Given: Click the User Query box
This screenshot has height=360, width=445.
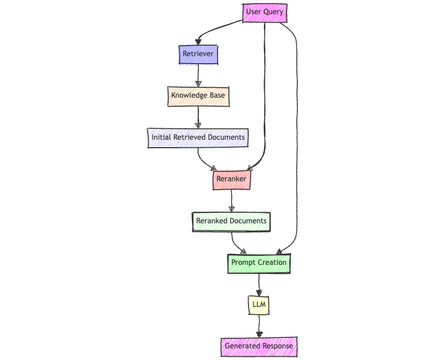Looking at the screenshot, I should click(x=264, y=12).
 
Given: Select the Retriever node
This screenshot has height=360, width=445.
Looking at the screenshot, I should click(x=198, y=54).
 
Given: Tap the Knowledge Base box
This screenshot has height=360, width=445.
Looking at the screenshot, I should click(x=198, y=96).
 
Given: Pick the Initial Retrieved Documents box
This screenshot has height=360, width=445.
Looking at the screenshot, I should click(x=198, y=137).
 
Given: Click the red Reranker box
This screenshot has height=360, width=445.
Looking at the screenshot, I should click(x=231, y=179).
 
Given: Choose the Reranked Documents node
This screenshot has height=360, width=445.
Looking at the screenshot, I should click(x=231, y=221).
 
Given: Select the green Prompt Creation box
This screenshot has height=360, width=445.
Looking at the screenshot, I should click(x=258, y=262).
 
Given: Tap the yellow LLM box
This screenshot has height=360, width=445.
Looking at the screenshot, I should click(x=258, y=304).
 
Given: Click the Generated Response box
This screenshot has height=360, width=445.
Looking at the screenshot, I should click(x=258, y=346).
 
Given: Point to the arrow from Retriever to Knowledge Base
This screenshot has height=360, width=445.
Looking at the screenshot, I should click(x=198, y=75).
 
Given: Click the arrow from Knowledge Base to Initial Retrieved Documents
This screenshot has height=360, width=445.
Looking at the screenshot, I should click(x=198, y=117).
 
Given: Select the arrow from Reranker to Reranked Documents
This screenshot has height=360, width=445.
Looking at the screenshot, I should click(x=231, y=200).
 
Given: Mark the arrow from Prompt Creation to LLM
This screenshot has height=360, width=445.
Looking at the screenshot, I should click(x=258, y=284).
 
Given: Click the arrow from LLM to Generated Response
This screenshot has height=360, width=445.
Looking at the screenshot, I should click(x=258, y=326).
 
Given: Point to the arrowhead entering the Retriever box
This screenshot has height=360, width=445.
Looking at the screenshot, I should click(x=198, y=42).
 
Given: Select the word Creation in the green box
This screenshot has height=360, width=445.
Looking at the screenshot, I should click(x=272, y=262).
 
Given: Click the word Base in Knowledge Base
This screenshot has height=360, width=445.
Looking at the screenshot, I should click(x=216, y=96).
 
